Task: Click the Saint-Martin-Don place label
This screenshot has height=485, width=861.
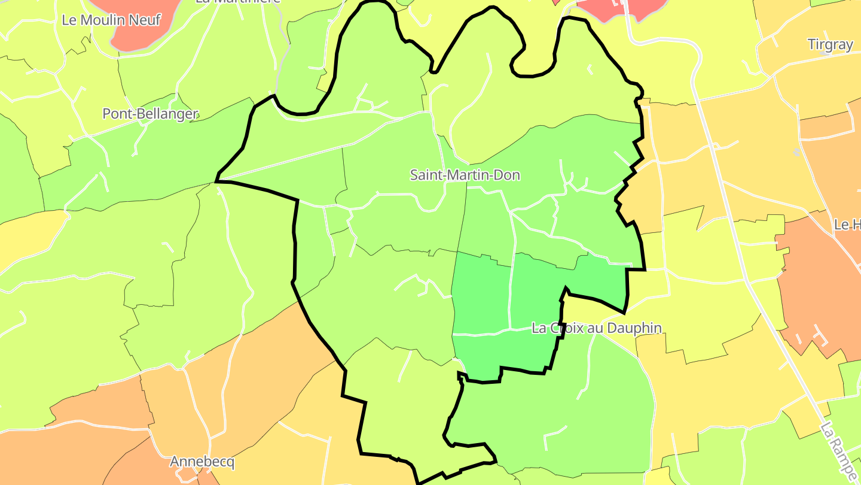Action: tap(465, 175)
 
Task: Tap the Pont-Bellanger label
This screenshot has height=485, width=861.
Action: tap(150, 113)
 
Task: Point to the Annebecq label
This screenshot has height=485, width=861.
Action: tap(202, 462)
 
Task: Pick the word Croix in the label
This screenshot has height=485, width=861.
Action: tap(576, 328)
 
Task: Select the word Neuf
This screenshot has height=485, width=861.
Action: tap(146, 20)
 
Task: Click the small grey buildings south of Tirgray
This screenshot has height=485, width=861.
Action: tap(796, 152)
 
